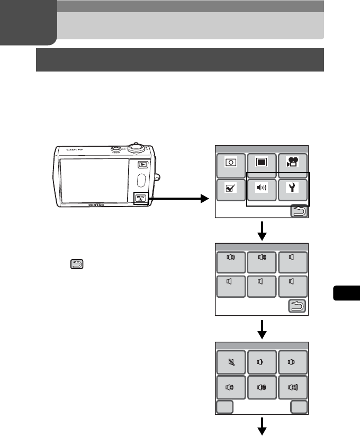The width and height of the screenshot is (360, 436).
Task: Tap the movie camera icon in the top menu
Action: coord(293,163)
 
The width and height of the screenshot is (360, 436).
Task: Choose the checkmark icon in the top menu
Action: coord(231,188)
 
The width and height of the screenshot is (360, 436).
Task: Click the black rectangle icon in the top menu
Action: coord(262,163)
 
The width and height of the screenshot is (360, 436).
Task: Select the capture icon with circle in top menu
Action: coord(231,163)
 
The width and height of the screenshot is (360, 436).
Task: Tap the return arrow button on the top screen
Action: coord(299,212)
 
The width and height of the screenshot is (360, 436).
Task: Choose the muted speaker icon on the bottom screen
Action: coord(231,362)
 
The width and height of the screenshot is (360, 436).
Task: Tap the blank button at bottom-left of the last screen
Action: coord(225,407)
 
